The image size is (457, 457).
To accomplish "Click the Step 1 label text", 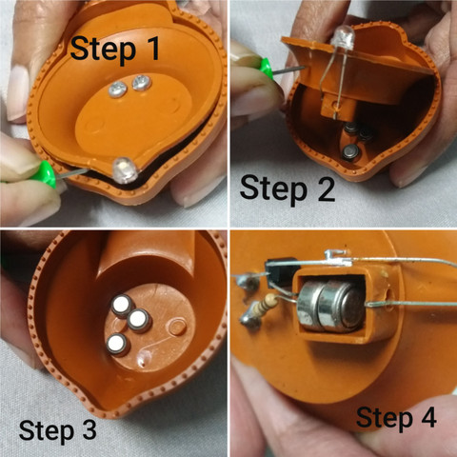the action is pos(115,50).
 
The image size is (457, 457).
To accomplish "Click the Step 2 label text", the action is pos(288,189).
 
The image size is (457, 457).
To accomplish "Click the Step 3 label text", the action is pos(58,430).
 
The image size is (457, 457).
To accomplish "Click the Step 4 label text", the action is pos(396,418).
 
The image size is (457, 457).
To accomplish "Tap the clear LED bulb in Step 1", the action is pos(125,170).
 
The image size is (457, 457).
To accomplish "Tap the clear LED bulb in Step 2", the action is pos(343,37).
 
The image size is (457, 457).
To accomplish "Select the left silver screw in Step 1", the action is pos(118,89).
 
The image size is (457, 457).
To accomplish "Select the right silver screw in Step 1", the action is pos(141,83).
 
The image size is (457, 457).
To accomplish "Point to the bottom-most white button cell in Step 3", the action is pos(118,344).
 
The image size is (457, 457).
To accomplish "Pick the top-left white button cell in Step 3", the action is pos(123,306).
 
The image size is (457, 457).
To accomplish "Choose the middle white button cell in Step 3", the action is pos(139,320).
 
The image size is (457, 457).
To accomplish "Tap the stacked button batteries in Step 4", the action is pos(330,307).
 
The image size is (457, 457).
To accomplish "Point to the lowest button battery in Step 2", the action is pos(350,152).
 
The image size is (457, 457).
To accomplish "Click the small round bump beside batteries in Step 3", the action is pos(177,328).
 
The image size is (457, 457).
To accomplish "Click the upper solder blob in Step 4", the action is pos(248,282).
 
